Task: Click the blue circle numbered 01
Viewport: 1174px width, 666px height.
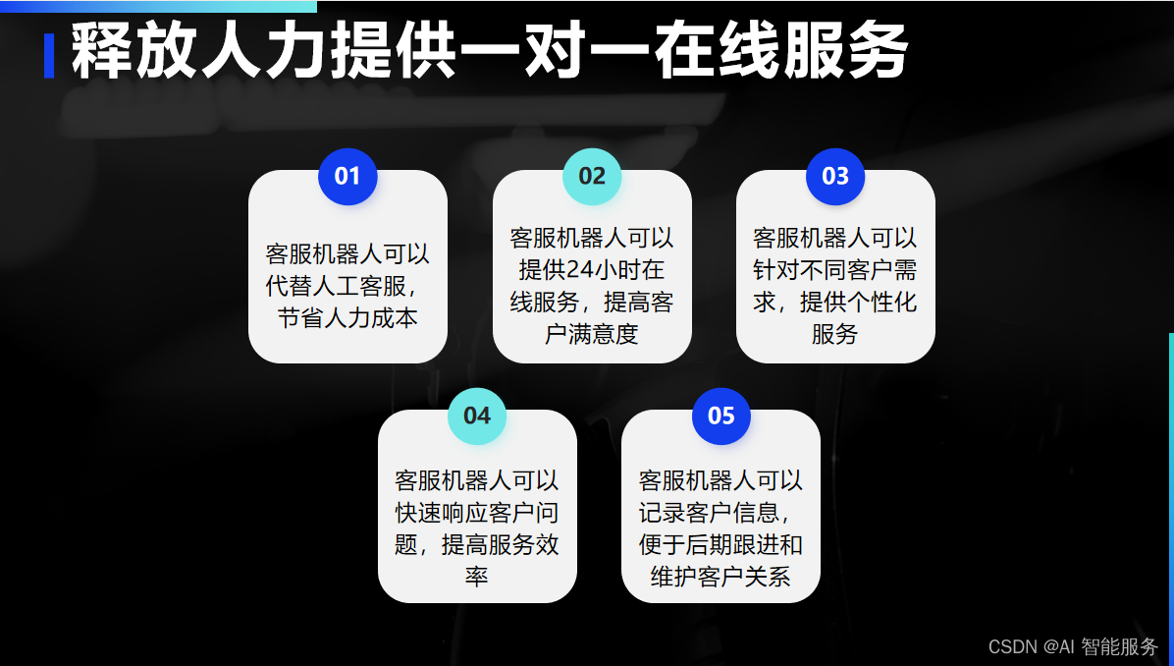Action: click(x=347, y=177)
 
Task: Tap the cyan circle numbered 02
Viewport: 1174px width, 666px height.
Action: click(x=592, y=177)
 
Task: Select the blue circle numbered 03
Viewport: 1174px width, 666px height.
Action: click(x=835, y=177)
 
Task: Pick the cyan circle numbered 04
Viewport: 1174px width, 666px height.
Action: click(x=477, y=416)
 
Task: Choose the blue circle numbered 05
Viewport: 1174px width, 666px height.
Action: click(x=721, y=416)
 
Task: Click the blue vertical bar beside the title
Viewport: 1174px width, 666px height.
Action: click(x=49, y=55)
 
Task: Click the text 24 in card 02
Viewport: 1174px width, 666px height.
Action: click(x=578, y=270)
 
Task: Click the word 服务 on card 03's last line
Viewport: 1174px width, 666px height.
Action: click(x=835, y=334)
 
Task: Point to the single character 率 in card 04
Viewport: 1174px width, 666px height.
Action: click(x=477, y=577)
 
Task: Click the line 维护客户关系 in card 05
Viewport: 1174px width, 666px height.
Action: click(x=721, y=577)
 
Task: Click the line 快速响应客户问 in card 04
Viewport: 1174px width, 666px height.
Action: click(x=477, y=513)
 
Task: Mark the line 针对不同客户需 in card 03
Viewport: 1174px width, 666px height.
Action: click(x=835, y=270)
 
